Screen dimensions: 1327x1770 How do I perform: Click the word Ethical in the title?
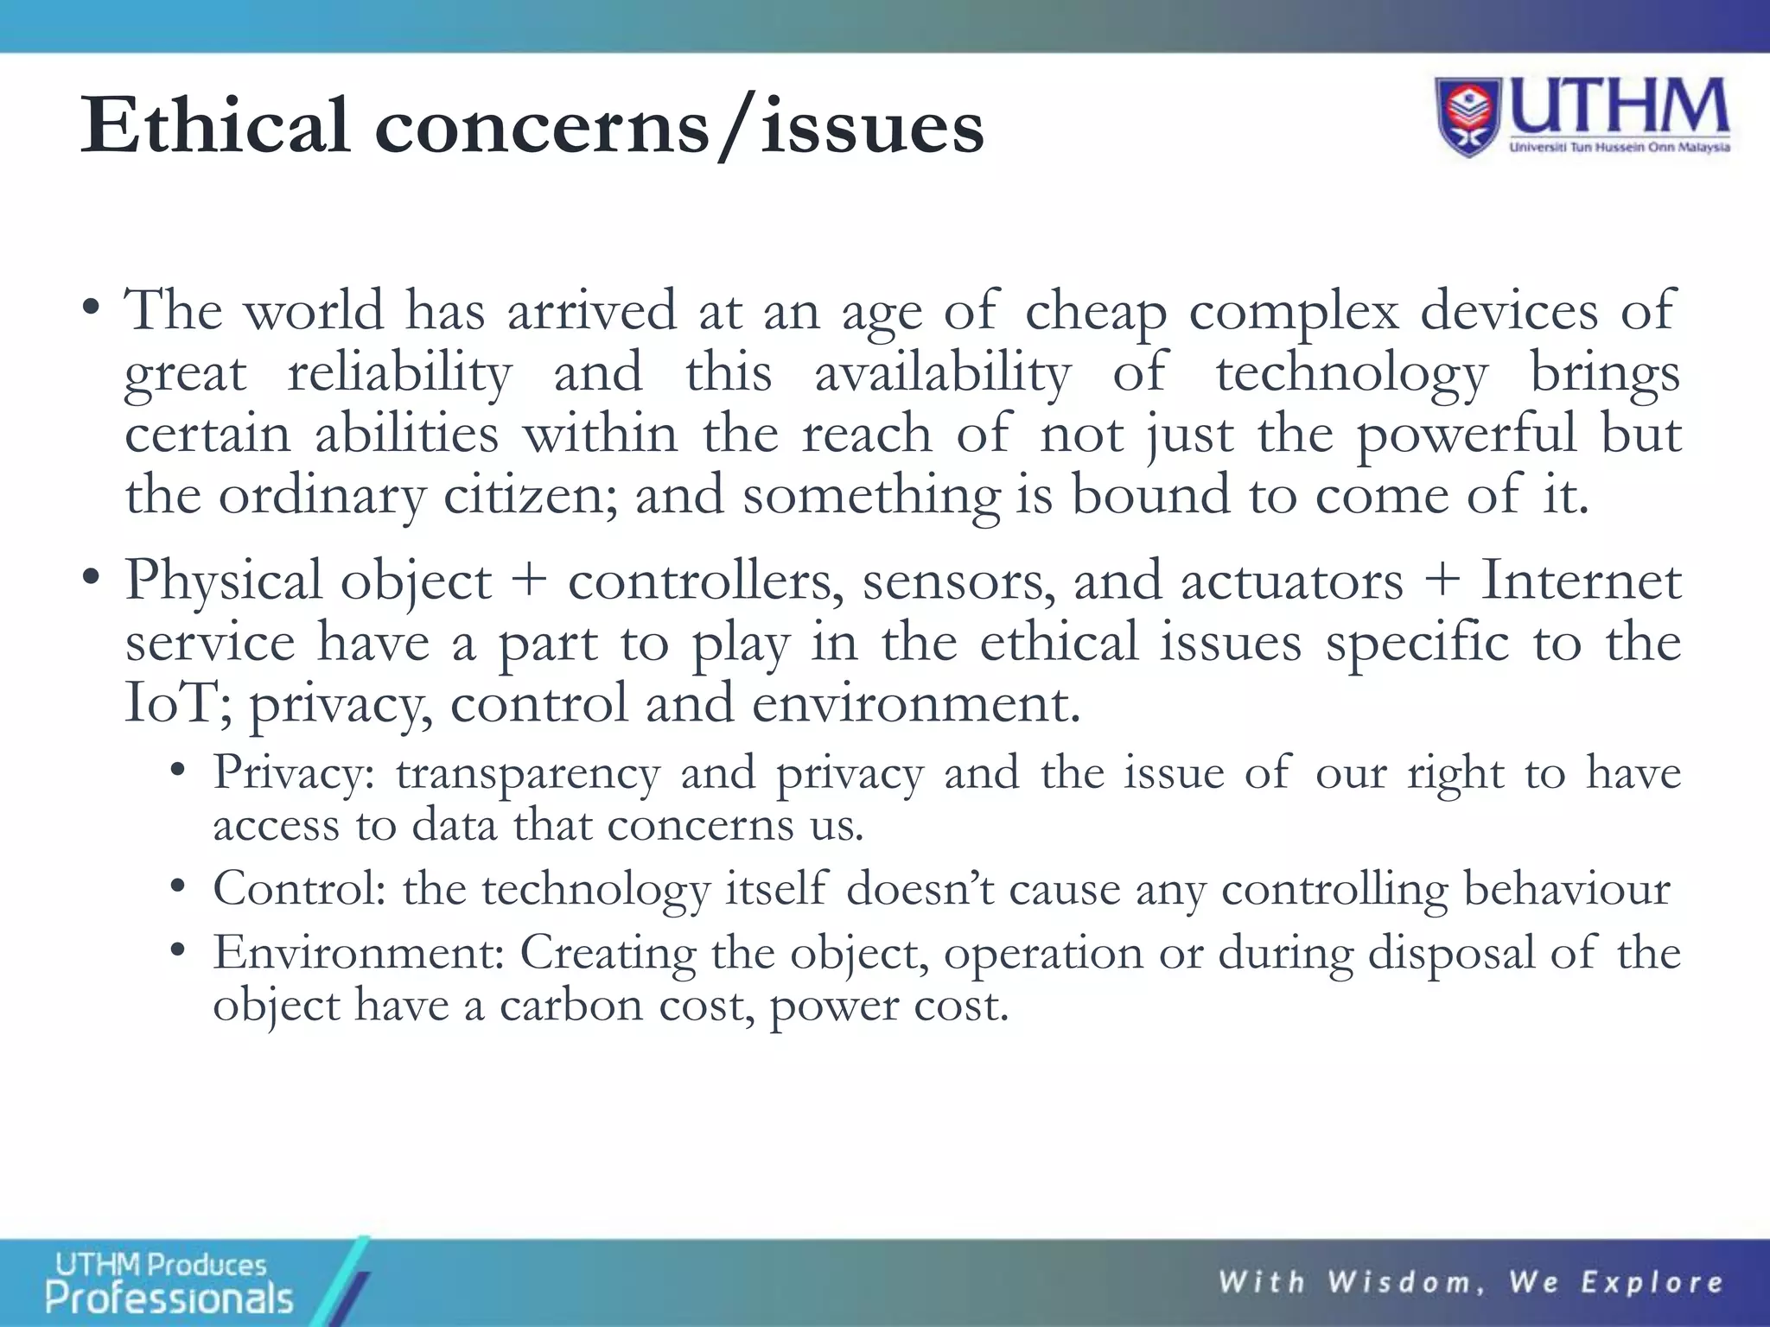point(215,126)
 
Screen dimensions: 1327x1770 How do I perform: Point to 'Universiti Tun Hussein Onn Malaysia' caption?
point(1619,148)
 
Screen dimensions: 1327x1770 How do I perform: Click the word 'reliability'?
point(399,373)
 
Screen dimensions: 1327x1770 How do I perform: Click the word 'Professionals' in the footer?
point(169,1298)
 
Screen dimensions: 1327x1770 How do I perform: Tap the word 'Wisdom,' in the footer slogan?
point(1407,1282)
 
